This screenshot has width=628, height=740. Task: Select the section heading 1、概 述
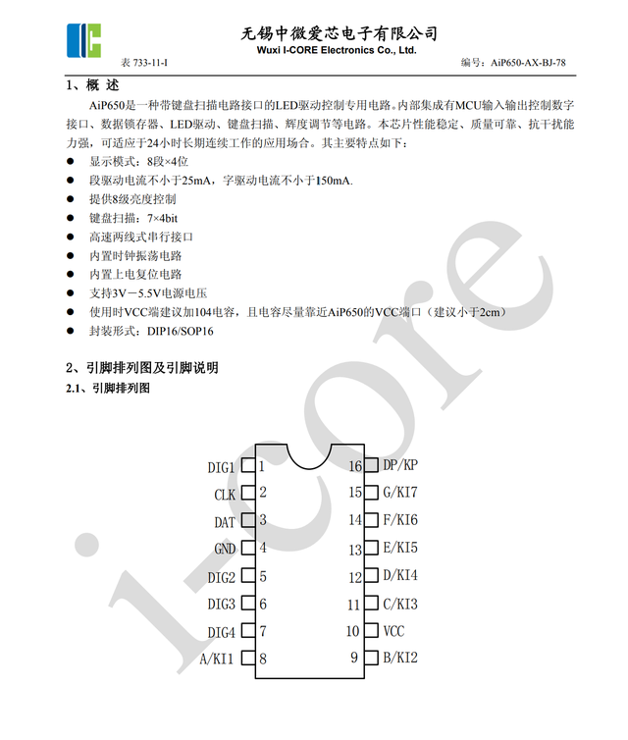(x=94, y=85)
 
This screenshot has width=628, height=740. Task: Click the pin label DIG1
(x=222, y=467)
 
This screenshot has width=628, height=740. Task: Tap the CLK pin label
(x=225, y=495)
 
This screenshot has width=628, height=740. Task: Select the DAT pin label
(x=225, y=522)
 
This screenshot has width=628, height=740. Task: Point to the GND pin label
(x=225, y=549)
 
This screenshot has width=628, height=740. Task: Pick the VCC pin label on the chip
(x=393, y=631)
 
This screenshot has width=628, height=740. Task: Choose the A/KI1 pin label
(x=217, y=659)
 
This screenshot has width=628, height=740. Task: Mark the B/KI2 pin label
(x=399, y=658)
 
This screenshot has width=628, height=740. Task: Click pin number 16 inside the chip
(x=355, y=466)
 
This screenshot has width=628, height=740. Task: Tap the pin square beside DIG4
(x=247, y=631)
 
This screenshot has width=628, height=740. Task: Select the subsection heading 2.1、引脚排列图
(x=108, y=390)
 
